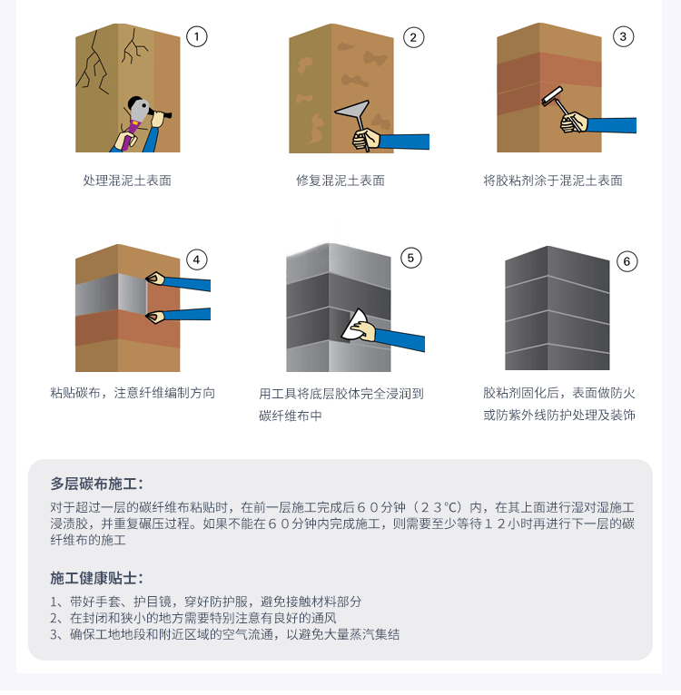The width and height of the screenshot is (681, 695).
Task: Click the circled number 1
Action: point(196,36)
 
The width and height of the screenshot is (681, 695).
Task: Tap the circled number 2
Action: point(413,38)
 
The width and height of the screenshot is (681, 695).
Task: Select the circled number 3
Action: point(623,36)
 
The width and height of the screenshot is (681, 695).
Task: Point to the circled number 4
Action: point(196,259)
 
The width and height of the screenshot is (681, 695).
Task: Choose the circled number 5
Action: point(410,258)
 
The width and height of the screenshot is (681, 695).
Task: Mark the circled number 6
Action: point(627,261)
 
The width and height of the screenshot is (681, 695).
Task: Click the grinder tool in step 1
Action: point(141,116)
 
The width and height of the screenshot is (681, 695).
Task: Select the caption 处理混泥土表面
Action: point(127,181)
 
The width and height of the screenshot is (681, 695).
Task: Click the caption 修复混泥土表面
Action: point(340,181)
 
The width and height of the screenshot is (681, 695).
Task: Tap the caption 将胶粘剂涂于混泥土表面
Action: point(553,181)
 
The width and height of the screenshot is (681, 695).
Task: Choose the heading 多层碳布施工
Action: point(97,484)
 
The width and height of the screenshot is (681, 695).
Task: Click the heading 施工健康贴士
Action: point(97,578)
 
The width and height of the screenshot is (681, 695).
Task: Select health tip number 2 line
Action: point(193,618)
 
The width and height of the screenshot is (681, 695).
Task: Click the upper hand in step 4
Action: point(155,279)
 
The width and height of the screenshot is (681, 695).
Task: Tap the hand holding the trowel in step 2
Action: point(366,139)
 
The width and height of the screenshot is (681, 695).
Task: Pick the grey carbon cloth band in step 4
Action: point(111,294)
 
